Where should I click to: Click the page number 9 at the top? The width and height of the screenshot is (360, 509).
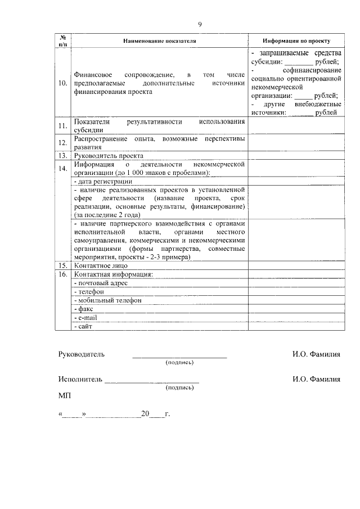(x=200, y=24)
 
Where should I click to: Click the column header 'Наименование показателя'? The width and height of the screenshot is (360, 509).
(x=159, y=42)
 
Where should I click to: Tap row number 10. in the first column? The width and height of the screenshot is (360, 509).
(x=63, y=83)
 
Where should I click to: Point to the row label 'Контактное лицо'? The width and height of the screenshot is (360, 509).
(x=101, y=265)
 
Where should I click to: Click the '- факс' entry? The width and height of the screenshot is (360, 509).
(x=83, y=309)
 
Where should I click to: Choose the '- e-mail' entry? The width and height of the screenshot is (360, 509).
(x=86, y=318)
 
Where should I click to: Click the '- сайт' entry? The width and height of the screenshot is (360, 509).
(x=83, y=326)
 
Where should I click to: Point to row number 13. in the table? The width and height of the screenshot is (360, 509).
(x=63, y=155)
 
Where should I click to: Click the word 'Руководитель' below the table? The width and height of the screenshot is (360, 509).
(x=82, y=354)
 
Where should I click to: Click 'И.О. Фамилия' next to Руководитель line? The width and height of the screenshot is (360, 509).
(x=316, y=354)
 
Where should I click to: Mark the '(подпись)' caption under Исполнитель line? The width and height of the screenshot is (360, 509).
(x=179, y=388)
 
